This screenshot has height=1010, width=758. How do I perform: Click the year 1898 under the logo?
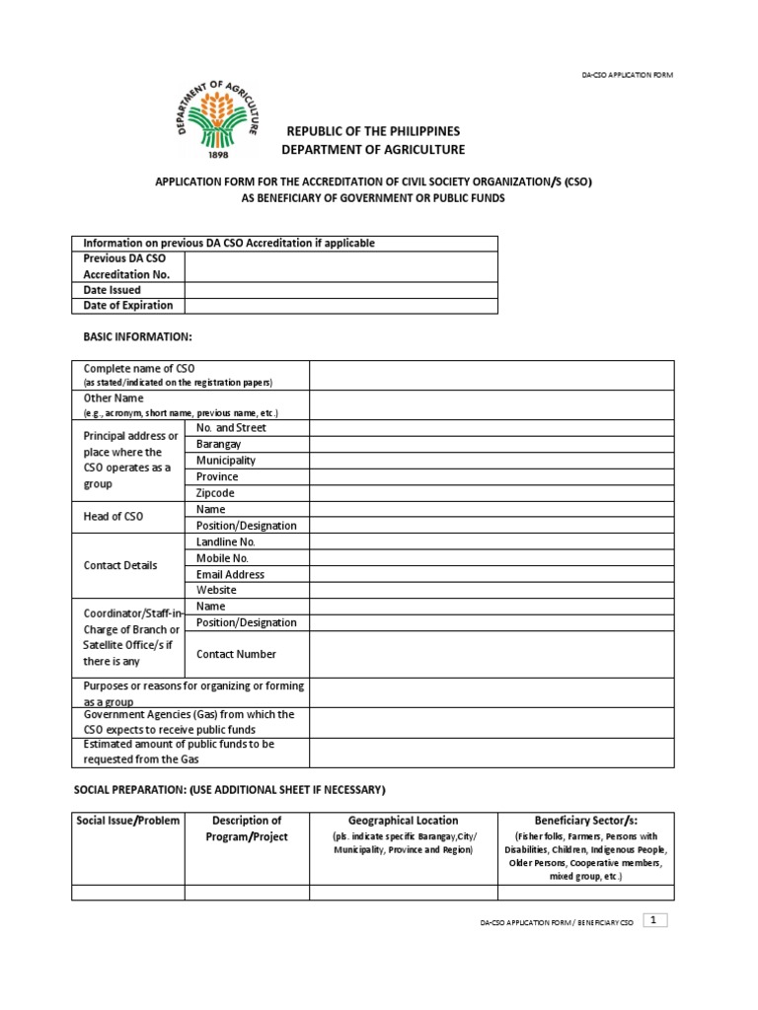pyautogui.click(x=219, y=155)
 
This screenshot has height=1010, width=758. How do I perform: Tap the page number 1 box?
pyautogui.click(x=655, y=920)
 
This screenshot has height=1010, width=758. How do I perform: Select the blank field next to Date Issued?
pyautogui.click(x=341, y=290)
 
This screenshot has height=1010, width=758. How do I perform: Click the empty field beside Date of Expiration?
pyautogui.click(x=341, y=306)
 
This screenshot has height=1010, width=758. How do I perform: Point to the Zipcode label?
pyautogui.click(x=216, y=493)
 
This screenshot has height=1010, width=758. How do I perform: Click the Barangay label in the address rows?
pyautogui.click(x=219, y=445)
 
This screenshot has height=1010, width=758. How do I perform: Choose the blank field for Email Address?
pyautogui.click(x=492, y=574)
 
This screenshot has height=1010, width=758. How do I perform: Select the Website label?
pyautogui.click(x=217, y=590)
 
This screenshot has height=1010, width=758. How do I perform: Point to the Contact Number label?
pyautogui.click(x=236, y=654)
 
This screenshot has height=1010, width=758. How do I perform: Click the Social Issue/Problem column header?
pyautogui.click(x=128, y=821)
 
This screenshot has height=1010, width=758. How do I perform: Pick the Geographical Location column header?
pyautogui.click(x=403, y=821)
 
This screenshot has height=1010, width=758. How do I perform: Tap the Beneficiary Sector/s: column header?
pyautogui.click(x=585, y=821)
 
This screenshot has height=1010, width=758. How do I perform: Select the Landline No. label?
pyautogui.click(x=226, y=541)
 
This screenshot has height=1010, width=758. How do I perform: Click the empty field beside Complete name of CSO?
pyautogui.click(x=492, y=375)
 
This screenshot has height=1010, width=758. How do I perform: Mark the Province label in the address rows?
pyautogui.click(x=217, y=476)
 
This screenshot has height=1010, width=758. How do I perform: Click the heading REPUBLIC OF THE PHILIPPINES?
pyautogui.click(x=372, y=131)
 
